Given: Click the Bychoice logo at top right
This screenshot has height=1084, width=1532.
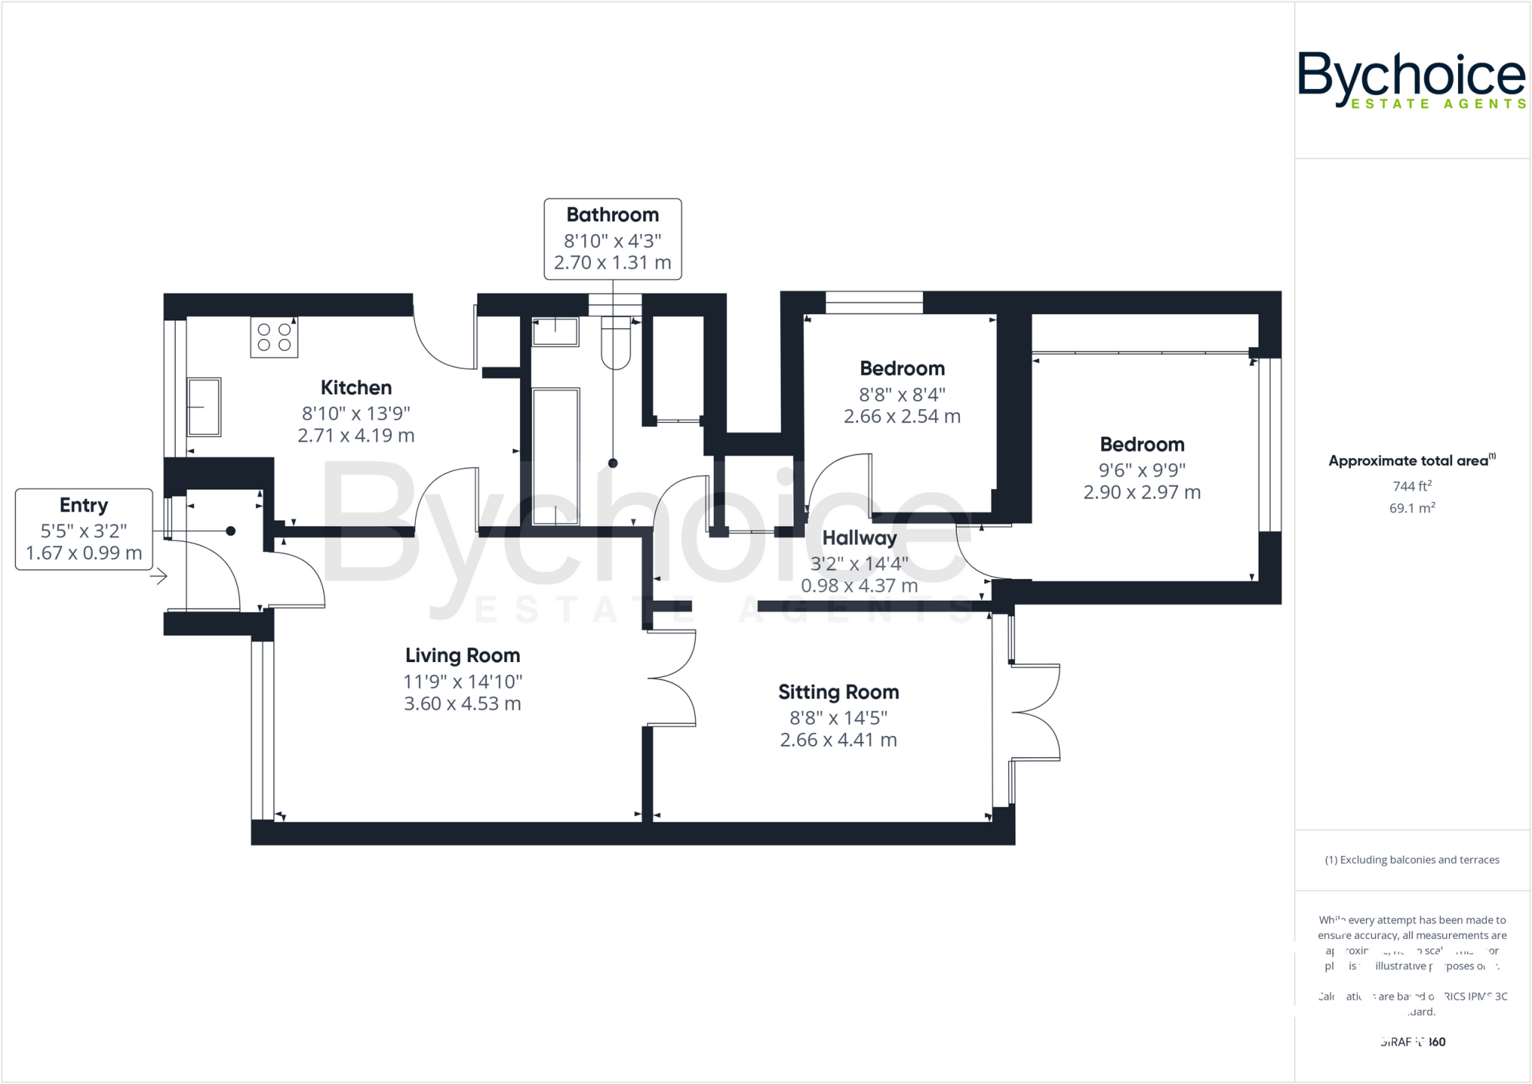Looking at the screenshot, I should [1411, 81].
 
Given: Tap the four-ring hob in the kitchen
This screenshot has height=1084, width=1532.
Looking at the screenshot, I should [274, 337].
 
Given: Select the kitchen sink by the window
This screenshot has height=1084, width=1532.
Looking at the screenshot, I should [203, 406].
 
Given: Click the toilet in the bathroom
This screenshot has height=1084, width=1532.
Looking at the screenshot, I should [616, 342].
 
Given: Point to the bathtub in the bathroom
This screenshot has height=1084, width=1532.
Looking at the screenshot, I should [556, 456].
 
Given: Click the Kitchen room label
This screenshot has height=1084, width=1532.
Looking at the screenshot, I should [356, 388].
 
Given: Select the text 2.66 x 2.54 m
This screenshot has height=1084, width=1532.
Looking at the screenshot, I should [901, 417].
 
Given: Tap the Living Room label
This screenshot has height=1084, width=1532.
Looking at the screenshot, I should [462, 655].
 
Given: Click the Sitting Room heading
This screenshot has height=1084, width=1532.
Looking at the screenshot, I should [838, 692].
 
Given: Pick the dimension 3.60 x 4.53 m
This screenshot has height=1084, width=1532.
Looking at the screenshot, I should [462, 704].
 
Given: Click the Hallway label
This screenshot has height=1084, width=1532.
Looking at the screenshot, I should [859, 538].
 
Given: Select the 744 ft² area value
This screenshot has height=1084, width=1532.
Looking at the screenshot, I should [1412, 486].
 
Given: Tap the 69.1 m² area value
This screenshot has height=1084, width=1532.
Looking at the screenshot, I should [1412, 509].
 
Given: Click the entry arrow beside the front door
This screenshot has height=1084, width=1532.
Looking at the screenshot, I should [159, 576].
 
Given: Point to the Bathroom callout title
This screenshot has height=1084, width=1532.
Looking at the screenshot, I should [612, 215].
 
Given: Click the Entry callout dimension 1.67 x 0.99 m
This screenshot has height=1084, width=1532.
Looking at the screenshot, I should [84, 554].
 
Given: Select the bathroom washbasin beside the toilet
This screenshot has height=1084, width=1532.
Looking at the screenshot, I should [555, 331].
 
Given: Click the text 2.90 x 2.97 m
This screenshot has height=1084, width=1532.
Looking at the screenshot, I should [1142, 492].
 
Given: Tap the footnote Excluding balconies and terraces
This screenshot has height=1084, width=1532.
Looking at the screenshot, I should [1412, 860].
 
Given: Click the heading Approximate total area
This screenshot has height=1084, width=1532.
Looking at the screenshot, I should [1409, 461].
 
